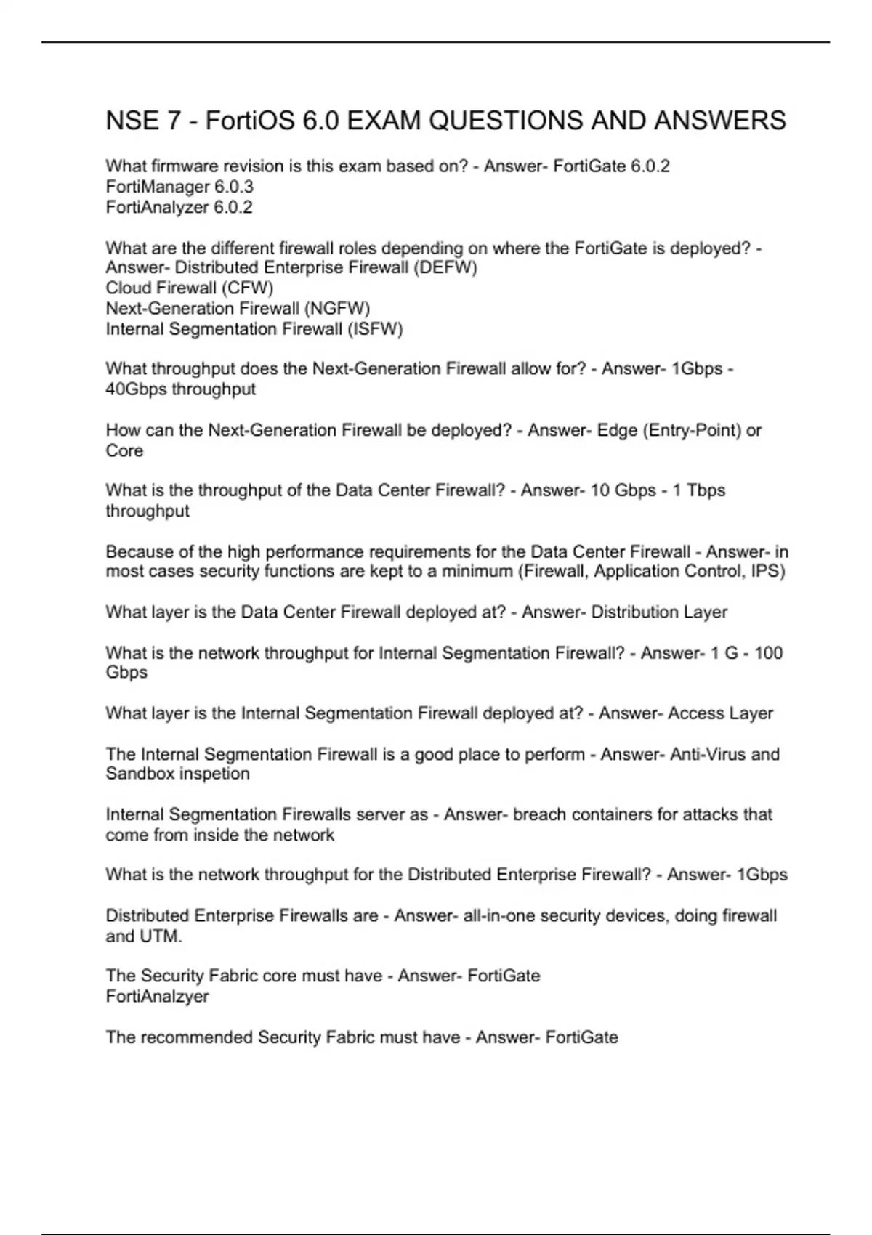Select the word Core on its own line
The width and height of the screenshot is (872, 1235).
124,451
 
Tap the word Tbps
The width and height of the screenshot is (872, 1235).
706,490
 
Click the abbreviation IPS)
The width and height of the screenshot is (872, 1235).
768,572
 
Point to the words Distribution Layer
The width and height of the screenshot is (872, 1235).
659,612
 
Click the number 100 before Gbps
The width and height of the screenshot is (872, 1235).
768,653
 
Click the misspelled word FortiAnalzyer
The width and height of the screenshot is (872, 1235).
157,997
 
